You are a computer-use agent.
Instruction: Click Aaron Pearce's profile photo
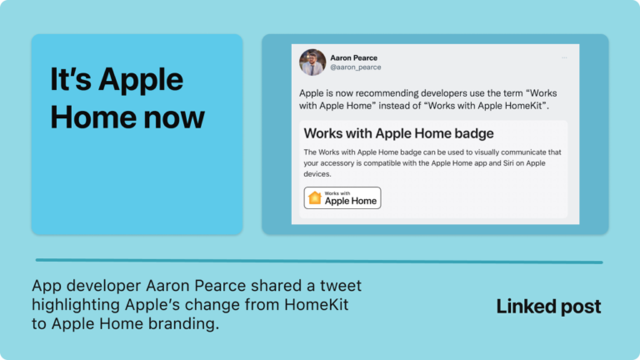click(312, 62)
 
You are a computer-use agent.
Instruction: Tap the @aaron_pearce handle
click(356, 67)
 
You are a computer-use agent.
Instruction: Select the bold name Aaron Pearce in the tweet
click(354, 58)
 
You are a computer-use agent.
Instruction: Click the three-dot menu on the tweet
click(564, 57)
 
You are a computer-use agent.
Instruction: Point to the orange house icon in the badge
click(315, 197)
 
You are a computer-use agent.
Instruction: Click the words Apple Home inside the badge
click(351, 201)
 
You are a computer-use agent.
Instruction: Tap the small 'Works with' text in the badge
click(337, 193)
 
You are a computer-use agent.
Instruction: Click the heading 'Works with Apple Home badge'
click(399, 133)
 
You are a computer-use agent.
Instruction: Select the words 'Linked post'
click(548, 307)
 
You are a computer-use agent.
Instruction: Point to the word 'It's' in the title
click(71, 79)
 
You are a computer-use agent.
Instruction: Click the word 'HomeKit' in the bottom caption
click(317, 304)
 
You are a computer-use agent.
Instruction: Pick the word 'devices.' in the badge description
click(317, 174)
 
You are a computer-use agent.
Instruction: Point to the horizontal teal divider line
click(319, 261)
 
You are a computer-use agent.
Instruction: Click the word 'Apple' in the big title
click(141, 80)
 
